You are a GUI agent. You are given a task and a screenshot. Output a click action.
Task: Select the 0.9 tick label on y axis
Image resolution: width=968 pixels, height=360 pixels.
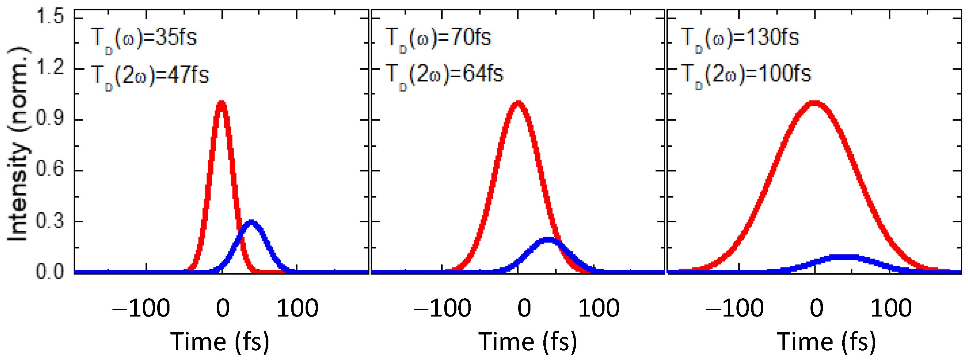pyautogui.click(x=50, y=118)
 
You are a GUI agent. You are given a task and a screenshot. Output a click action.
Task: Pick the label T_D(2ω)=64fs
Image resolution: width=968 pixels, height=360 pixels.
pyautogui.click(x=444, y=74)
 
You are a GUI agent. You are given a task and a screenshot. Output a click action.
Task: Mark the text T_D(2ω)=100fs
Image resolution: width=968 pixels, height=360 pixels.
pyautogui.click(x=746, y=74)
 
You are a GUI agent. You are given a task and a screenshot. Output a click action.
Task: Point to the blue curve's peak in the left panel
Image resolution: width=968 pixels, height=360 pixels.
pyautogui.click(x=251, y=222)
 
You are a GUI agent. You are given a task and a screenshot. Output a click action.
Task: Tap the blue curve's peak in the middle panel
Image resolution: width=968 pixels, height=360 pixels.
pyautogui.click(x=548, y=240)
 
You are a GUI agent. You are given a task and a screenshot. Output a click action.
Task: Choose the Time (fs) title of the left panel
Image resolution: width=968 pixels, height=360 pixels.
pyautogui.click(x=220, y=342)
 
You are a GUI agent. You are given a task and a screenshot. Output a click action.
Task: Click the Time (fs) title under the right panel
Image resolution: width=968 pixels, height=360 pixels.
pyautogui.click(x=826, y=342)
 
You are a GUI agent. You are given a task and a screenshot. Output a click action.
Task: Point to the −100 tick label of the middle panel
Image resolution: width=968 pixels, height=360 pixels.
pyautogui.click(x=442, y=309)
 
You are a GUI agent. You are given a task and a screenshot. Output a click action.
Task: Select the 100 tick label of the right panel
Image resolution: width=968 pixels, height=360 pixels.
pyautogui.click(x=891, y=309)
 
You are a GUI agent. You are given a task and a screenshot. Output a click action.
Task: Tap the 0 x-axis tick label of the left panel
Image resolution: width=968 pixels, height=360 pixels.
pyautogui.click(x=222, y=309)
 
